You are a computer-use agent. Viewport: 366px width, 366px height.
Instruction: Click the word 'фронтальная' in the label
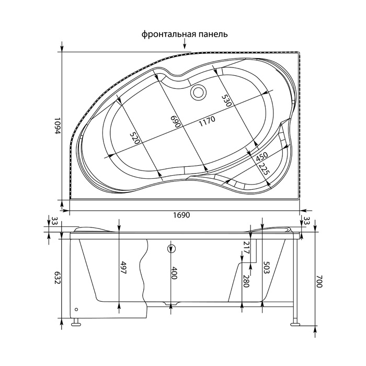pyautogui.click(x=168, y=35)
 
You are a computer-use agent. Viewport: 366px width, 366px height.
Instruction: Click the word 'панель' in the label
pyautogui.click(x=213, y=35)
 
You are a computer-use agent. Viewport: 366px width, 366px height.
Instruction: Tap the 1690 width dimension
pyautogui.click(x=181, y=215)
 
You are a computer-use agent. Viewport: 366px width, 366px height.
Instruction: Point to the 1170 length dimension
pyautogui.click(x=206, y=121)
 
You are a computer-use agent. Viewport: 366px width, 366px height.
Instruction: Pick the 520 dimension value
pyautogui.click(x=135, y=138)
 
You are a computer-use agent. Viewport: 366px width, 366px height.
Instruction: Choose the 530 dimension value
pyautogui.click(x=226, y=100)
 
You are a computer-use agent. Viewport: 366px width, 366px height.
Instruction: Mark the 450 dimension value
pyautogui.click(x=261, y=156)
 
